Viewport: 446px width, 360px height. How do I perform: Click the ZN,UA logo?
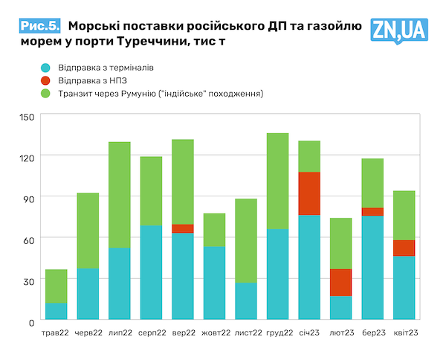(x=399, y=29)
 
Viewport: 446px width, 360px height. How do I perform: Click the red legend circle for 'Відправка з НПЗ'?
(x=46, y=80)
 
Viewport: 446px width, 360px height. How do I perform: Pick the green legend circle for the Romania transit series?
(x=46, y=94)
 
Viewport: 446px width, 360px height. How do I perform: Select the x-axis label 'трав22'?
(x=56, y=332)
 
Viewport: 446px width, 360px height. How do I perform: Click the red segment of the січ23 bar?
(x=308, y=193)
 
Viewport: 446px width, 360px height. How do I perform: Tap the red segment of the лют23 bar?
(x=340, y=283)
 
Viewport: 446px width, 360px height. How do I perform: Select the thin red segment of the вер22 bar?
(x=182, y=228)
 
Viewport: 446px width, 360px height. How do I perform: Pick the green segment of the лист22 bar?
(x=245, y=240)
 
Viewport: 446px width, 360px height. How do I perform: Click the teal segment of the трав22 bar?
(x=56, y=312)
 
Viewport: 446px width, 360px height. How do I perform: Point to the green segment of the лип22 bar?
(x=119, y=195)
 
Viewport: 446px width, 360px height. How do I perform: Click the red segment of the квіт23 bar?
(x=404, y=248)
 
